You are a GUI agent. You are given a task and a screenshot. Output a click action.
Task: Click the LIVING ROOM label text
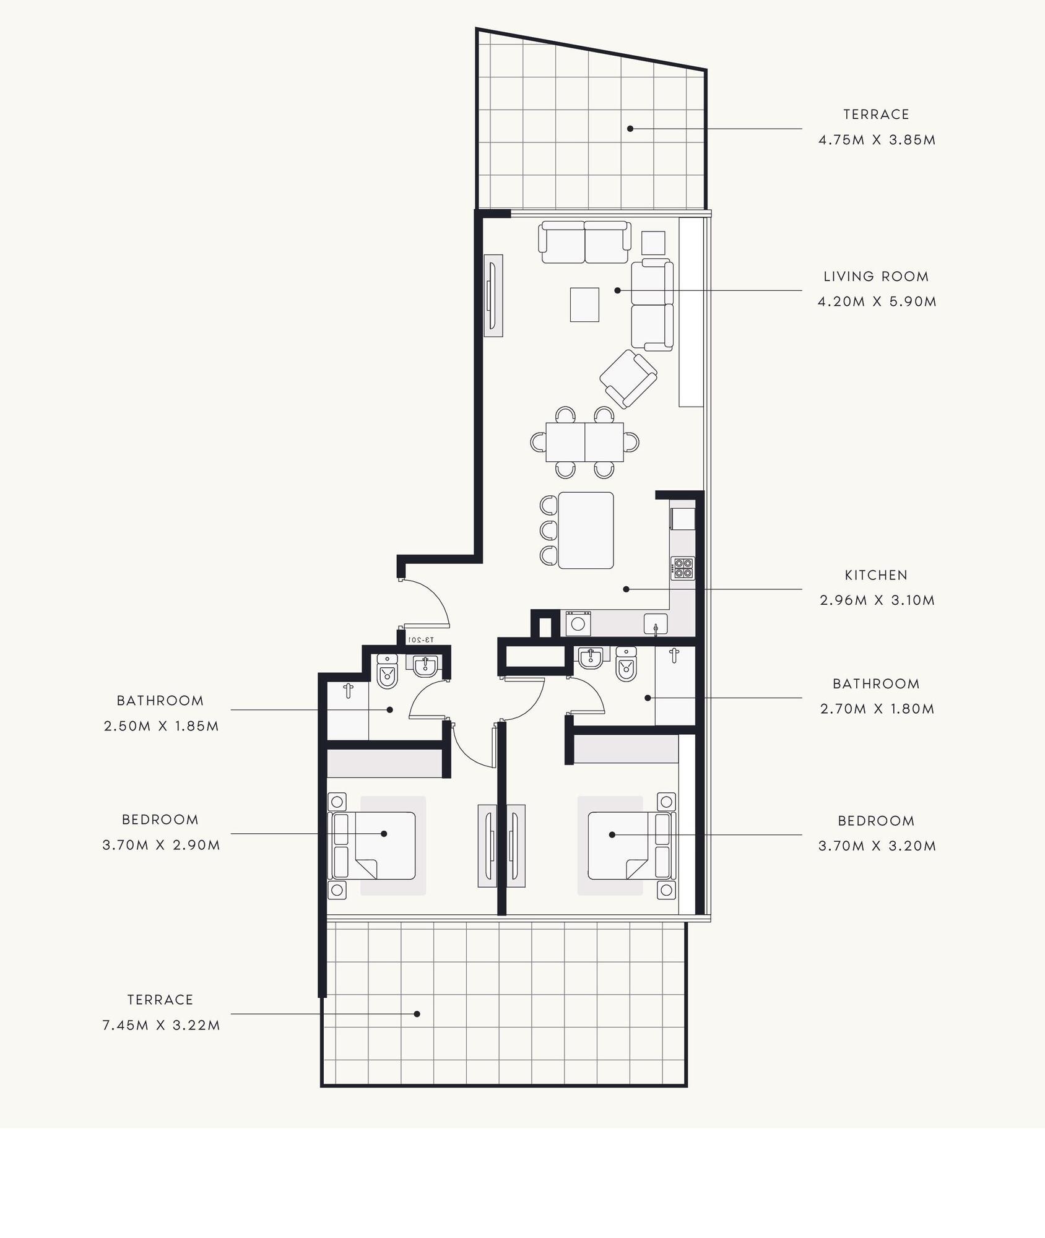click(x=876, y=277)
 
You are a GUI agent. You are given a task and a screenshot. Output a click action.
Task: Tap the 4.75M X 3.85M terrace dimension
click(x=877, y=140)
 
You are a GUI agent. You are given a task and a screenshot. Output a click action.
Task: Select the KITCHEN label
click(x=876, y=575)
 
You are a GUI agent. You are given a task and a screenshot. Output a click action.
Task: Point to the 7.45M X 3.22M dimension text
click(x=161, y=1025)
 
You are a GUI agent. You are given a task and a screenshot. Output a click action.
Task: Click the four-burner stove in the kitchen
click(x=683, y=568)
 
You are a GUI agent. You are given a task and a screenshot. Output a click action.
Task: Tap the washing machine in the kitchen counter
click(x=578, y=623)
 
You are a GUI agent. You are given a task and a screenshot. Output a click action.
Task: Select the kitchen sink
click(x=656, y=623)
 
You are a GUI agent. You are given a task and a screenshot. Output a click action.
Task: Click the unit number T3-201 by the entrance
click(x=421, y=639)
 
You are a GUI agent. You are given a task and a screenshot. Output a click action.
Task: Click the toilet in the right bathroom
click(x=627, y=664)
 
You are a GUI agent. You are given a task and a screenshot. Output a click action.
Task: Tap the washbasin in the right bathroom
click(x=592, y=658)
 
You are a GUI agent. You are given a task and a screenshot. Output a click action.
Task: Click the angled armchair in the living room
click(x=628, y=379)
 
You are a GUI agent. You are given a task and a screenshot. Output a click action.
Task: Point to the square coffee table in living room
click(x=584, y=305)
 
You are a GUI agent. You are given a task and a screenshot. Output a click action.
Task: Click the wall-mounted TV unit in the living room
click(x=493, y=296)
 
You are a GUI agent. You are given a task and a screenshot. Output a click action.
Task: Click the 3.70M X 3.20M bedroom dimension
click(x=877, y=846)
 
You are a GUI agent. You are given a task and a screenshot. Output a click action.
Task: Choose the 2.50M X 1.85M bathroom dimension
click(x=162, y=726)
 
